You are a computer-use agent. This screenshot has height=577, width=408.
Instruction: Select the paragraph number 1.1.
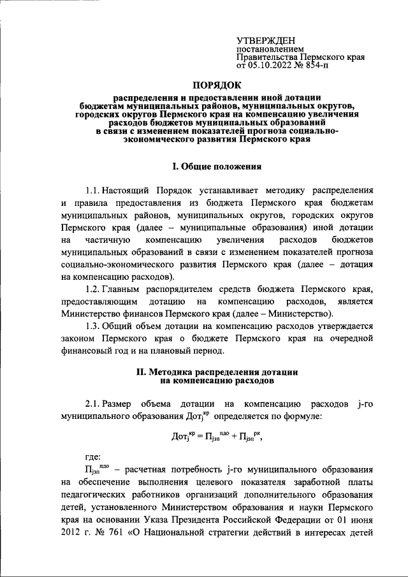(x=91, y=191)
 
